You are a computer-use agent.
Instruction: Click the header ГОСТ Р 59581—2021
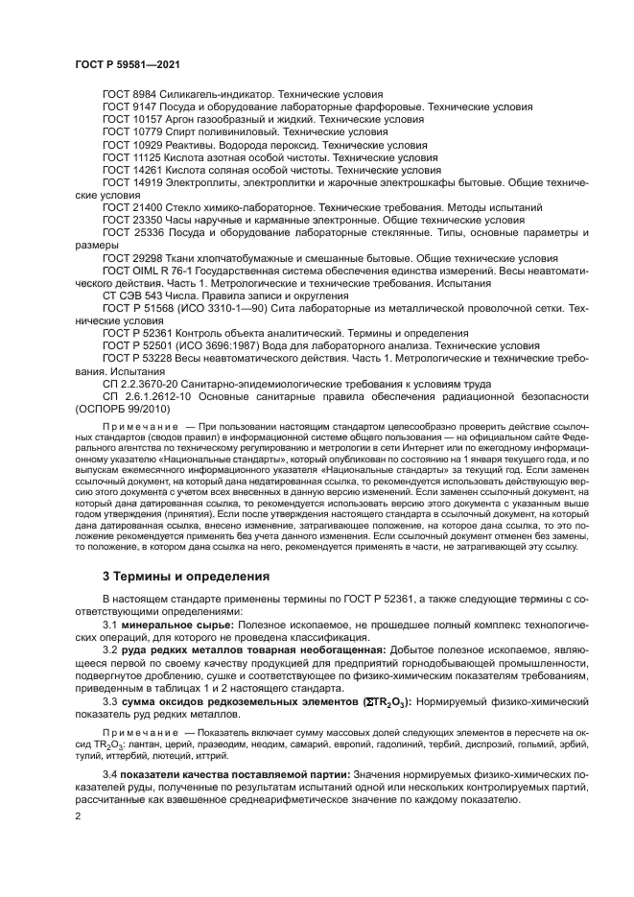point(128,62)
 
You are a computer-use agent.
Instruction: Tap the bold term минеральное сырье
point(177,625)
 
